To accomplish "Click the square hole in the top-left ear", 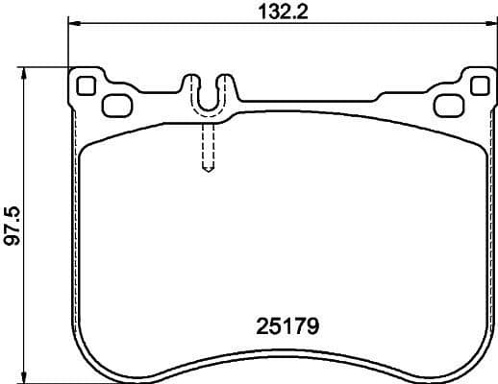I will coord(86,84).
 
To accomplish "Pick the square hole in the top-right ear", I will coord(474,84).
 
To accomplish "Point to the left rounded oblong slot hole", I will coord(116,105).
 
